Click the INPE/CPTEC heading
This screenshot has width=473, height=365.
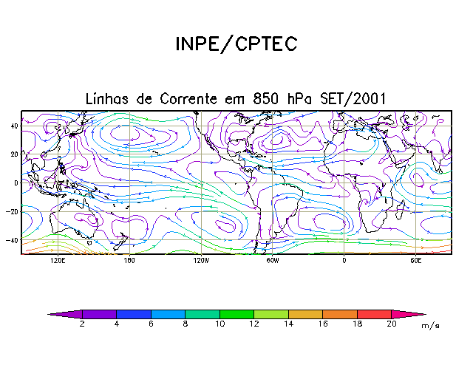[x=236, y=44]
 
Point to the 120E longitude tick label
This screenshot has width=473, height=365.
[x=57, y=262]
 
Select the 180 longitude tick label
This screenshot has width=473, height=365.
[x=129, y=262]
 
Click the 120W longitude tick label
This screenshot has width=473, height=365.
[x=200, y=262]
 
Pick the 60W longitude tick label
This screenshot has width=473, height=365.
[x=272, y=262]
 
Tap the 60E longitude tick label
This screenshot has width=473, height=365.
[x=415, y=262]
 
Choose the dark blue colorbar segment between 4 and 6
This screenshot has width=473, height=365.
[x=133, y=314]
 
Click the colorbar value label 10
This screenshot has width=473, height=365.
[x=219, y=324]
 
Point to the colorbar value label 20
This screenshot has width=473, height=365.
[x=391, y=324]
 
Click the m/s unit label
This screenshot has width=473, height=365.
[x=430, y=325]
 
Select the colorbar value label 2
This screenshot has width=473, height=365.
[x=81, y=324]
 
